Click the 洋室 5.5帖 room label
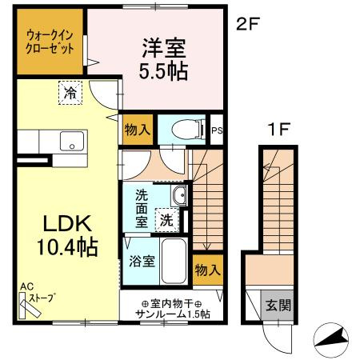point(164,59)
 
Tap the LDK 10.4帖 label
point(67,235)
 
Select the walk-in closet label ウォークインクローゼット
point(50,42)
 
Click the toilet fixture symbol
point(189,130)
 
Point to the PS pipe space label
point(217,130)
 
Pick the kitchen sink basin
point(72,141)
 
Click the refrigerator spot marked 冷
point(70,93)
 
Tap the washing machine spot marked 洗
point(166,220)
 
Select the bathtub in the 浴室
point(174,262)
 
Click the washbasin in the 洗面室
point(179,195)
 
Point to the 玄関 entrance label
point(278,305)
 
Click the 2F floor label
point(248,24)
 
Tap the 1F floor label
point(278,130)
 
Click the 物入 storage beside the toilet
point(138,130)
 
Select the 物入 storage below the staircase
point(208,270)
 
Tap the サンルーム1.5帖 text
point(173,314)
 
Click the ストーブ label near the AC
point(42,298)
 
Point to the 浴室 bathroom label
point(142,262)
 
